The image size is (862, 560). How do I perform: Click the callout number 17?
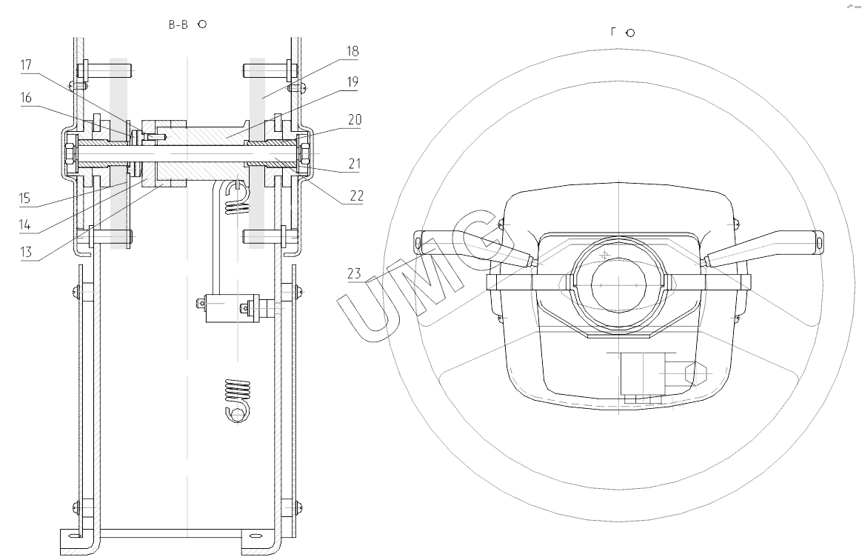point(27,65)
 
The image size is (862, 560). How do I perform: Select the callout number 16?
point(27,98)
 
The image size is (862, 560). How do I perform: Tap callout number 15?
point(24,198)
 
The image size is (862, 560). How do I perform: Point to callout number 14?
point(24,224)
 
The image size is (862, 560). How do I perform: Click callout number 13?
point(26,252)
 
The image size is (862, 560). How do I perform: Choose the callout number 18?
point(353,51)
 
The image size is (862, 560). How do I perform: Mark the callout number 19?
point(353,82)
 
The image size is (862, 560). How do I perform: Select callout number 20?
point(355,119)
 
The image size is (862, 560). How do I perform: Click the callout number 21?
point(355,164)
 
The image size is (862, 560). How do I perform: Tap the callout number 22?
point(357,196)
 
